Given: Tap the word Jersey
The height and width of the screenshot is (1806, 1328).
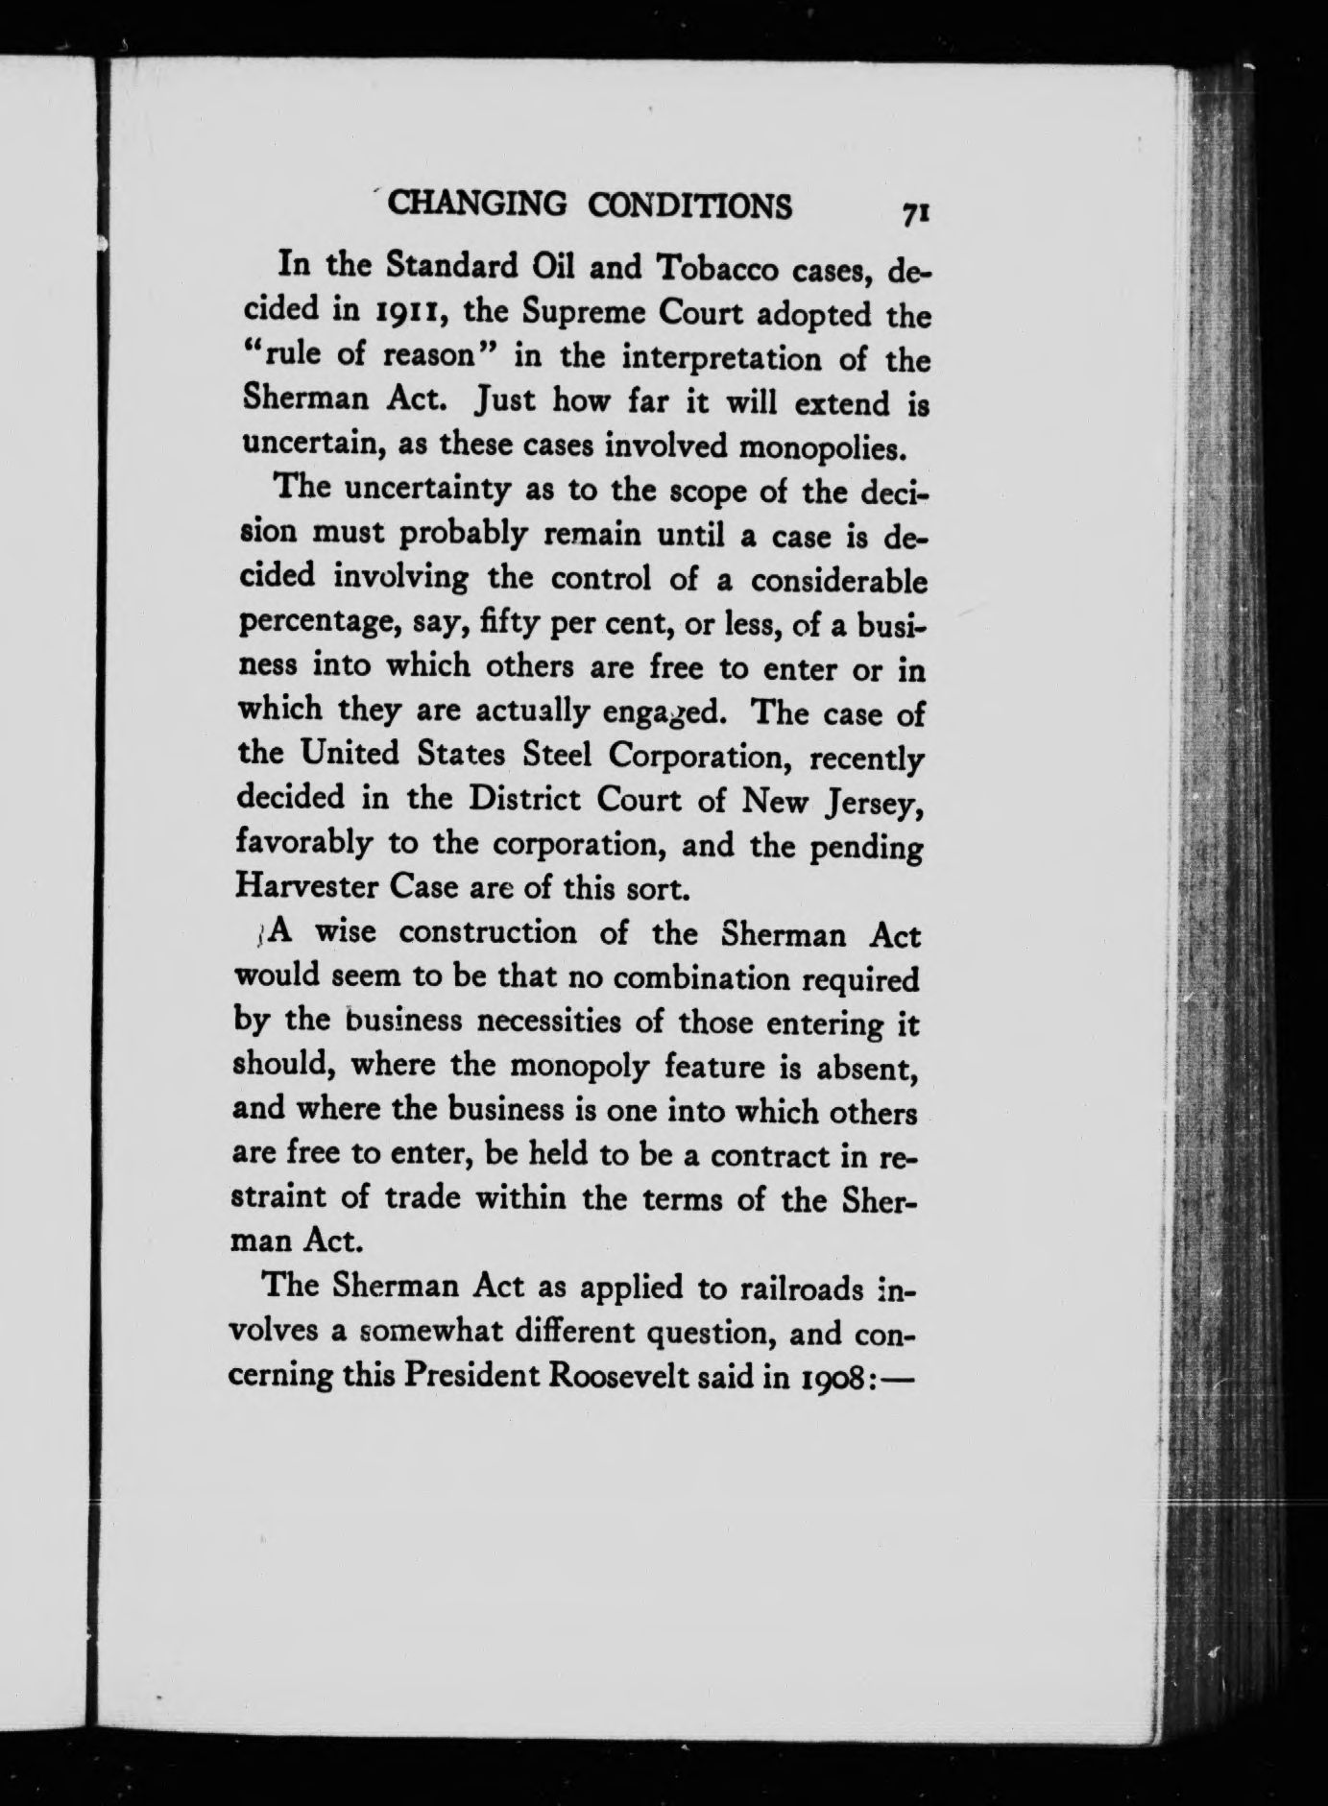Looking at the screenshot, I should pos(871,803).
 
